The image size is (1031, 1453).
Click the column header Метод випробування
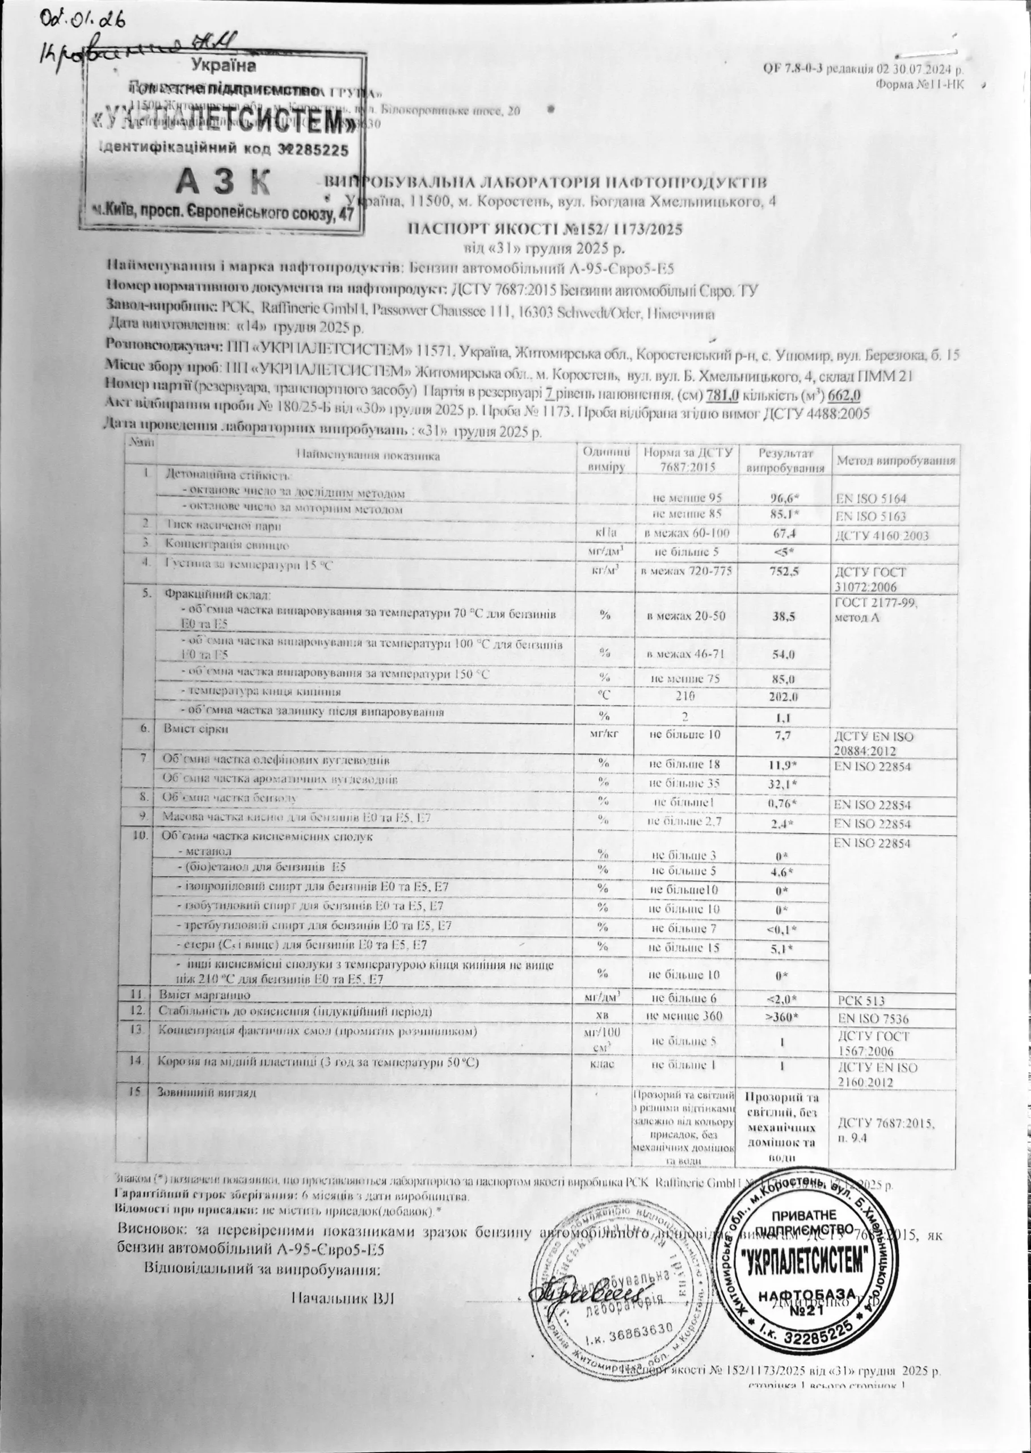895,461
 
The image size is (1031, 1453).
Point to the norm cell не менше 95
687,498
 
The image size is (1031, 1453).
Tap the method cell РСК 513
861,1001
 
